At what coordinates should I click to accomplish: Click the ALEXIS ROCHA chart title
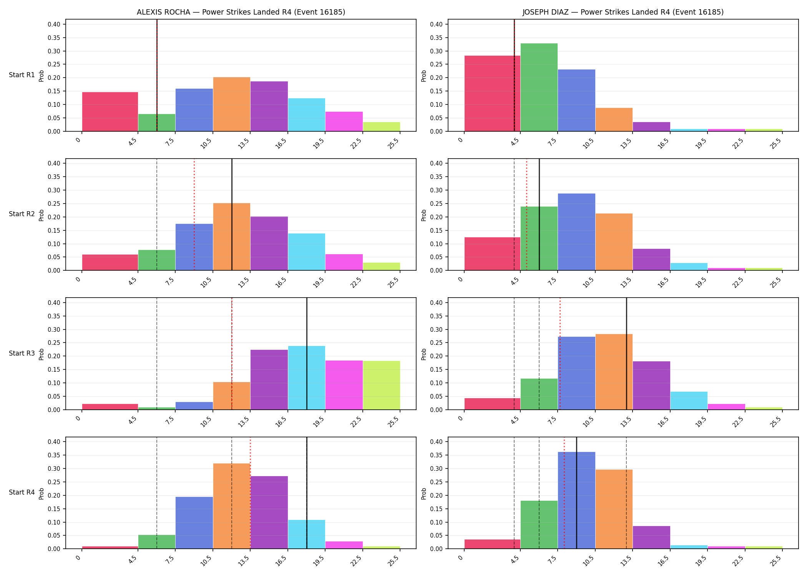pos(241,12)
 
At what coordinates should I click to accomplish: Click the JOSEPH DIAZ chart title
pos(623,12)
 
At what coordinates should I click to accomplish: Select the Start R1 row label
pos(22,75)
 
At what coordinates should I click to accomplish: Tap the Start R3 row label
pos(22,353)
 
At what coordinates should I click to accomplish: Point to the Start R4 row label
pos(22,492)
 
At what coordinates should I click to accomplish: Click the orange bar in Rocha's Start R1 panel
pos(232,104)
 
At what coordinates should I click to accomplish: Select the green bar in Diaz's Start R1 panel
pos(539,87)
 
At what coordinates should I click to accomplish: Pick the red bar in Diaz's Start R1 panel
pos(492,93)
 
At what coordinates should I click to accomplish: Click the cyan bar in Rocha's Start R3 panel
pos(307,378)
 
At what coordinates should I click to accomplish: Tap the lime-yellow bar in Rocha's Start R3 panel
pos(382,385)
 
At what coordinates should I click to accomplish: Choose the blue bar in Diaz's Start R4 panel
pos(576,500)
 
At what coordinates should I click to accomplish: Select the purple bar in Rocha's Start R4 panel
pos(269,512)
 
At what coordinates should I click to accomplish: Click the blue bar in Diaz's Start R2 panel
pos(576,232)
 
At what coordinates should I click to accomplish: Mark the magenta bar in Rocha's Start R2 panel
pos(344,262)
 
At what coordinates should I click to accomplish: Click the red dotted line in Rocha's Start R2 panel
pos(194,215)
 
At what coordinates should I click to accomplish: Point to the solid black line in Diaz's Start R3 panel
pos(626,354)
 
